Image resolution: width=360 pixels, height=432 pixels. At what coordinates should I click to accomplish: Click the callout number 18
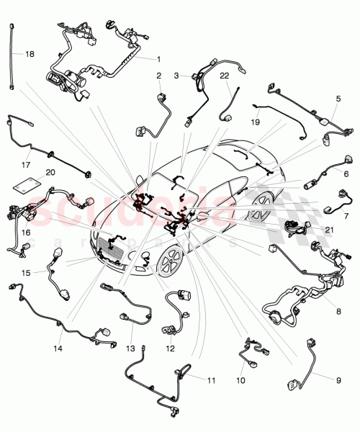point(30,54)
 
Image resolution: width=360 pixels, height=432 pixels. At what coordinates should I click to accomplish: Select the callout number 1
point(159,58)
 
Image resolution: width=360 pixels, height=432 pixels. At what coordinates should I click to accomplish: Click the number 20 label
point(50,173)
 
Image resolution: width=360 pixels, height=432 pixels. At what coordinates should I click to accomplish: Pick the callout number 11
point(211,379)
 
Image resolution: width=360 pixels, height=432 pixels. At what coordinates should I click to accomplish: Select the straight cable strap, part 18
point(12,58)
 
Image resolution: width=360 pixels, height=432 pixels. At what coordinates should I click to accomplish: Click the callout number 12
point(170,349)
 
